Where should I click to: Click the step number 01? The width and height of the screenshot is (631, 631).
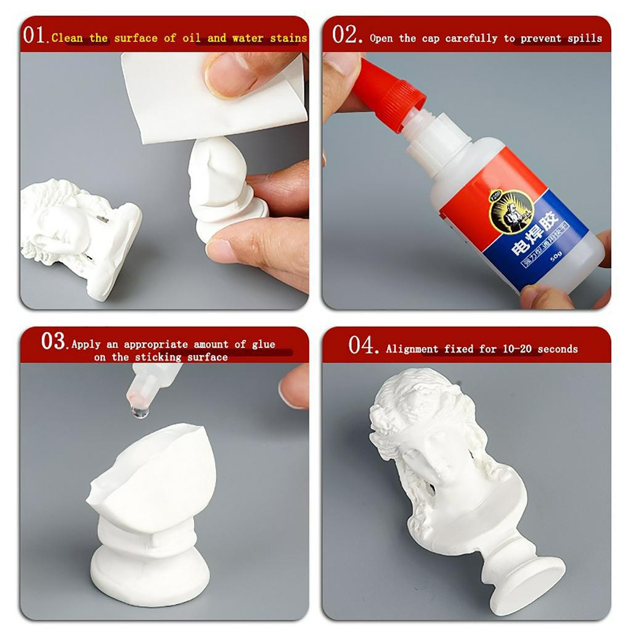coord(34,35)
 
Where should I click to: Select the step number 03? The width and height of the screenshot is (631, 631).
coord(54,341)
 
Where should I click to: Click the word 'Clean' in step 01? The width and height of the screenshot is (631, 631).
coord(67,38)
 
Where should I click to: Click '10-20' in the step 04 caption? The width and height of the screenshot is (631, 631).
coord(516,349)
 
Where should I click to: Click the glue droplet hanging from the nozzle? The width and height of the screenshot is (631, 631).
coord(140,410)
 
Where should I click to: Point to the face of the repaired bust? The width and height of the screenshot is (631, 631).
coord(441,450)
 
